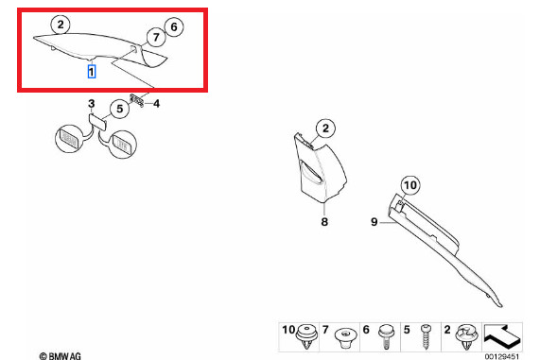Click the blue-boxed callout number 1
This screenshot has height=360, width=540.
(x=92, y=72)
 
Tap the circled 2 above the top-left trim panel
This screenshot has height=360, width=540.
(x=61, y=25)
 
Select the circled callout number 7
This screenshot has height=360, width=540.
(x=156, y=37)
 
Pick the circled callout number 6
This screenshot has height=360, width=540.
(x=174, y=26)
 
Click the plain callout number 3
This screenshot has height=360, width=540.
(x=92, y=103)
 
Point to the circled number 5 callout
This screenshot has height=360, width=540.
(x=119, y=109)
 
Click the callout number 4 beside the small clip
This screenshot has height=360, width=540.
(x=156, y=103)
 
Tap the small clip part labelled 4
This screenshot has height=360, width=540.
(x=137, y=100)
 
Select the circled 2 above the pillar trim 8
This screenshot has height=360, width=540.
(x=325, y=129)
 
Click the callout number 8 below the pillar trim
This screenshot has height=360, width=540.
(x=324, y=222)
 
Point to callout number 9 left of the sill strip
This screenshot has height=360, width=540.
(x=375, y=222)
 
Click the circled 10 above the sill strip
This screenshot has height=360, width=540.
(x=410, y=185)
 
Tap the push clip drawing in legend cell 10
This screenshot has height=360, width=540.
(x=307, y=336)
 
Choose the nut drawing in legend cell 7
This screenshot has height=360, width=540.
(x=346, y=337)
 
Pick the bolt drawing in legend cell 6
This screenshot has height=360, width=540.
(x=385, y=336)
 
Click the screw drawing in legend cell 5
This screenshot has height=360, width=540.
(x=426, y=336)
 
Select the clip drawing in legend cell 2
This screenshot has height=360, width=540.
(x=466, y=336)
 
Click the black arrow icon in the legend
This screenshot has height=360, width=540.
(x=501, y=336)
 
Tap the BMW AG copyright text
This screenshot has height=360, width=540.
(x=60, y=356)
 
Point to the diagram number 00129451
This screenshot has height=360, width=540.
(x=502, y=356)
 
